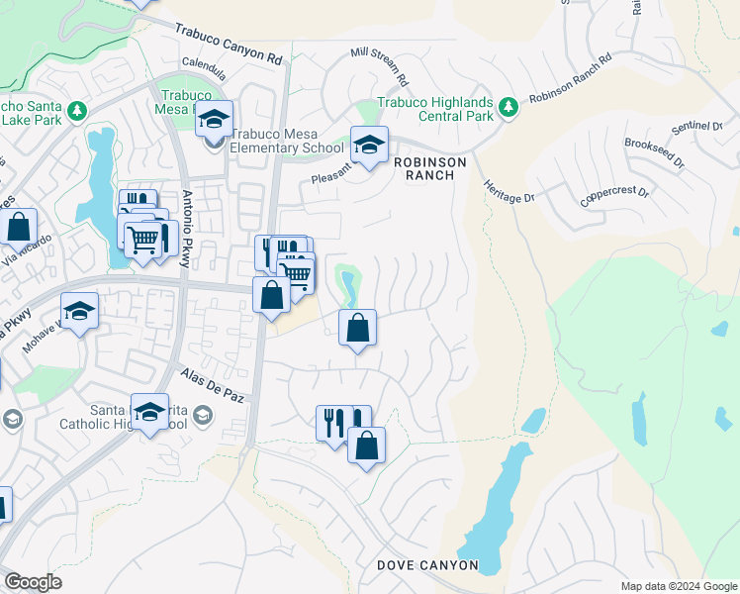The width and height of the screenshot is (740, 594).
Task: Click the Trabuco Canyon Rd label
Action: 229,45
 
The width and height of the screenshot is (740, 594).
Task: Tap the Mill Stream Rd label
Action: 380,64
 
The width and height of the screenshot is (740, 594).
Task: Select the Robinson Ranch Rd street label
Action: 571,79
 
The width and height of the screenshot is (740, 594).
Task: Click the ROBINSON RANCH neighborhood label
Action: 424,167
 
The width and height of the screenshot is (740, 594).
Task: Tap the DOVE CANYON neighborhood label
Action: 427,565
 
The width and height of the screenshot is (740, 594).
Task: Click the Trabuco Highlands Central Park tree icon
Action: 509,105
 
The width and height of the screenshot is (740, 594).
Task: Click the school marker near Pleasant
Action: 369,145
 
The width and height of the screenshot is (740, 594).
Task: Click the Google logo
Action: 34,581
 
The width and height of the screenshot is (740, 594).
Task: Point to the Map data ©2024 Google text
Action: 678,585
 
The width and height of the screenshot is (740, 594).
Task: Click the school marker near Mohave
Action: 79,310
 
